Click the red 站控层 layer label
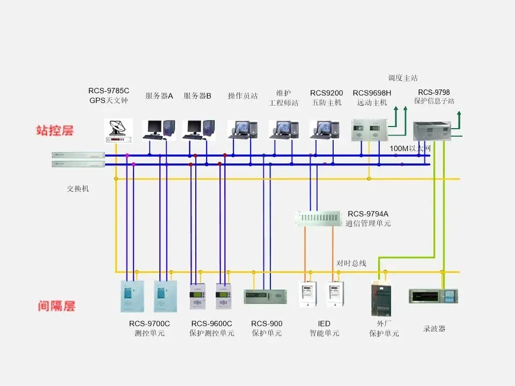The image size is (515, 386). point(55,130)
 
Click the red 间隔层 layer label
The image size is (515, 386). point(56,306)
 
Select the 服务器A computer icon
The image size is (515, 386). point(159,129)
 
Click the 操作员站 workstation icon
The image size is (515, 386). point(242,129)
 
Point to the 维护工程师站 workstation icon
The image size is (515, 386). point(283,129)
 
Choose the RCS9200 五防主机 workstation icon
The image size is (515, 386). point(325,129)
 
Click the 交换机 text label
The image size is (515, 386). point(78,189)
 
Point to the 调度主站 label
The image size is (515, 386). point(403,78)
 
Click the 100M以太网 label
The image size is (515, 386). point(410,148)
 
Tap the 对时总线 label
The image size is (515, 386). point(351,263)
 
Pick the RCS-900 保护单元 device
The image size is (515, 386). point(265,296)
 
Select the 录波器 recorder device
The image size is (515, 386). point(433,296)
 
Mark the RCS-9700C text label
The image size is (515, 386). point(149,323)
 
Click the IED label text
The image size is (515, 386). point(324,323)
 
